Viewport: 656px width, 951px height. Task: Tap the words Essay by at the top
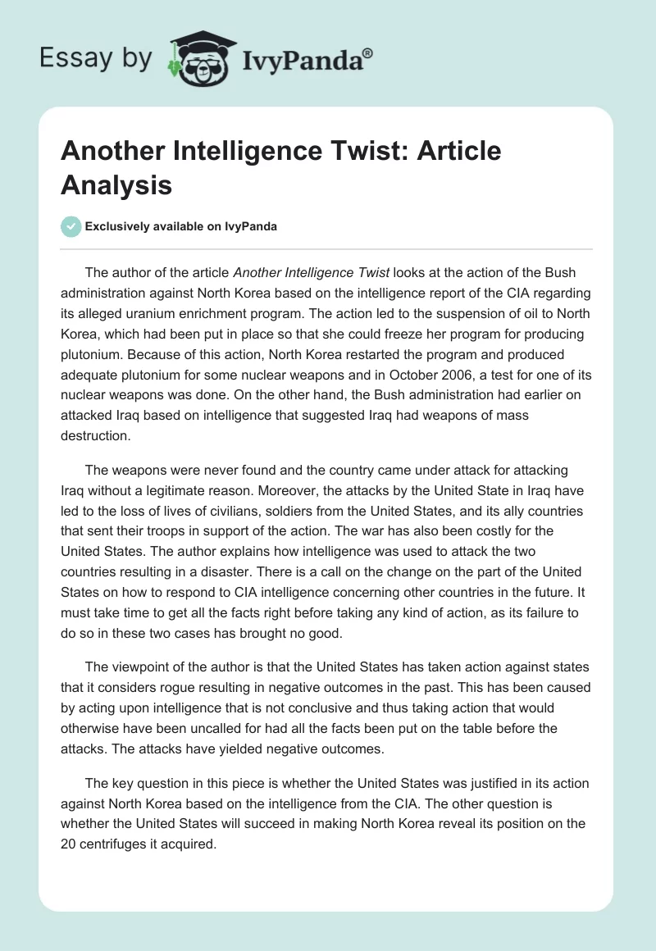click(x=95, y=58)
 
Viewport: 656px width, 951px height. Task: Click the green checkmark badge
click(x=71, y=226)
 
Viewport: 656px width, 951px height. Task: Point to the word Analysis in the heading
click(x=116, y=185)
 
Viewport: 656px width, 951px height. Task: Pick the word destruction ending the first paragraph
click(x=96, y=435)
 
